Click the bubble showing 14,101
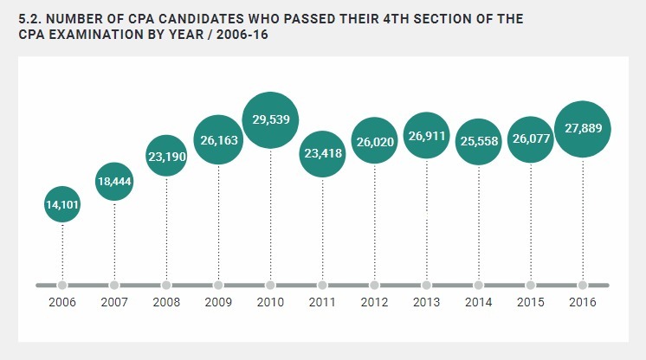pos(62,204)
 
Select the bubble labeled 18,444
pos(114,181)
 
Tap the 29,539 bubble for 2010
pos(270,120)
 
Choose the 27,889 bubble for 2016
pos(583,128)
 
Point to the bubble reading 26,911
pos(426,136)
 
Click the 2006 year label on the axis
pos(62,303)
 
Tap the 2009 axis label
pos(218,303)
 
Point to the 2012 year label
pos(374,303)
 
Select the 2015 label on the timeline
pos(530,303)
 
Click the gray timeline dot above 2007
pos(114,285)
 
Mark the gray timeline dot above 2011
pos(322,285)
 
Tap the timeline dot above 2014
pos(479,285)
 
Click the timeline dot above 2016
pos(583,285)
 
